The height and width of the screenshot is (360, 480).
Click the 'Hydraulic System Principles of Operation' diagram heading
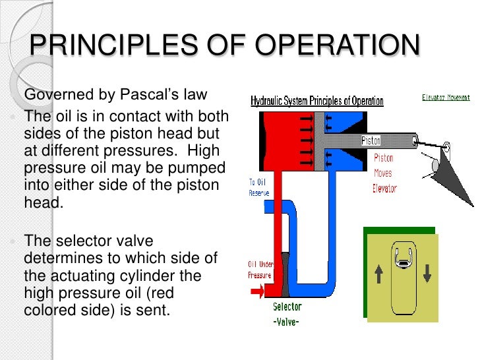click(x=316, y=101)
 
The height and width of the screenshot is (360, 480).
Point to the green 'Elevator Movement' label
click(x=446, y=98)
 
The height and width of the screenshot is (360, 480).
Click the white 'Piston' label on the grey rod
click(x=371, y=140)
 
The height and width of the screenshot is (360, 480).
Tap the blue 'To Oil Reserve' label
click(x=259, y=187)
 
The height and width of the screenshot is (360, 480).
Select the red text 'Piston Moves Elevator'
click(x=384, y=173)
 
